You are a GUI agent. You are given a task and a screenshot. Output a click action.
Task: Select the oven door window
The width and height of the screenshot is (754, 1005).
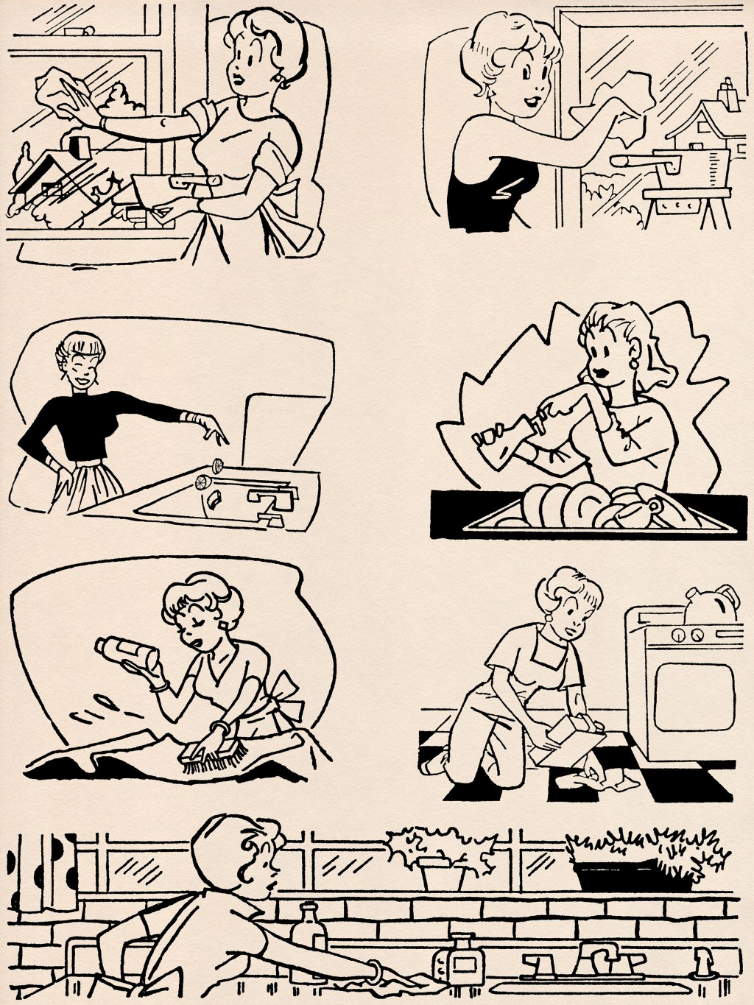click(694, 697)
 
